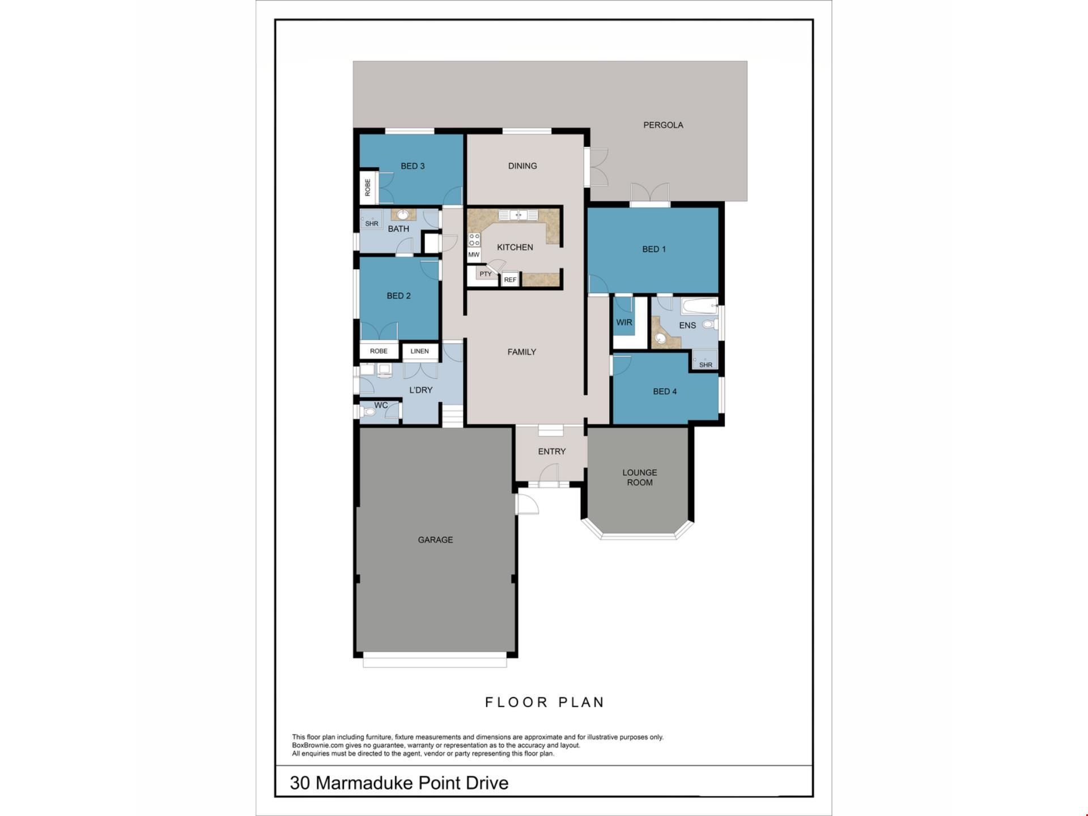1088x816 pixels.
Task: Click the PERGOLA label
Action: pos(663,125)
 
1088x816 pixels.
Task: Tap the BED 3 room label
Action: pos(413,166)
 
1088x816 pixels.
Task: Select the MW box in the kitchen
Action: pos(474,255)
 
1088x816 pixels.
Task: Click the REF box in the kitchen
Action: pos(510,279)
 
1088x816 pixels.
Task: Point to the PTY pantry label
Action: pos(486,274)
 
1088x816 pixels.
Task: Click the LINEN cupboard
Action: pos(419,351)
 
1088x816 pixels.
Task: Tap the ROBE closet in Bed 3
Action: pos(368,187)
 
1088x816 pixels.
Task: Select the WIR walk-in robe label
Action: pos(624,322)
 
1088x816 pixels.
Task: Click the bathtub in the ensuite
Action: pos(700,307)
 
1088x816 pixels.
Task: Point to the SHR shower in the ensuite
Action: pos(705,360)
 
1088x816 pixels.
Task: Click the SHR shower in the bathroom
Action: pos(372,219)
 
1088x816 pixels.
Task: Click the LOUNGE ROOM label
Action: pos(640,477)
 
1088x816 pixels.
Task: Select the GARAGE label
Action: pos(435,540)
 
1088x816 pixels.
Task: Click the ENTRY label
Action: pos(552,452)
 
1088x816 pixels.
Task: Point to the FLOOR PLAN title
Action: pos(545,703)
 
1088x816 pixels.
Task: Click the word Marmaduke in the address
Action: pos(365,783)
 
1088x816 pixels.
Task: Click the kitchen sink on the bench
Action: pos(518,215)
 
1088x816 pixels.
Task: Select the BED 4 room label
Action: pos(665,392)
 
